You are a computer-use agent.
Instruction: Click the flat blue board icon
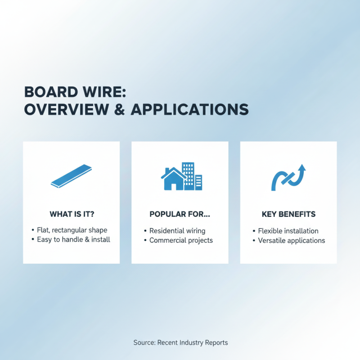point(71,176)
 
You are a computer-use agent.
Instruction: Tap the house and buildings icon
point(181,176)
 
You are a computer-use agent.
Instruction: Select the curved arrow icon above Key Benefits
point(288,177)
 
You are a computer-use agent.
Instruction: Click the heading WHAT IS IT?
point(71,214)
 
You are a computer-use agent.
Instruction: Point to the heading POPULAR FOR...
point(180,214)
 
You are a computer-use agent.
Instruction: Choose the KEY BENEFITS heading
point(288,214)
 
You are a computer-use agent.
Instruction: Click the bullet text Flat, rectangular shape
point(72,230)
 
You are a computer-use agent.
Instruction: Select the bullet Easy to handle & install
point(73,239)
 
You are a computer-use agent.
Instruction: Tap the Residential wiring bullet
point(177,231)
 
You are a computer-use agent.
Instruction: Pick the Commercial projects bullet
point(181,240)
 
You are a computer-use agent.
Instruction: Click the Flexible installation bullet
point(288,231)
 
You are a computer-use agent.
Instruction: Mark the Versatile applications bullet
point(291,240)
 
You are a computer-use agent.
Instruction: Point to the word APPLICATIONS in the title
point(189,110)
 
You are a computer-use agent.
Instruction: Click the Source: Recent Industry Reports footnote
point(180,343)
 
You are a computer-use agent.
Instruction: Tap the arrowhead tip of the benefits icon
point(301,166)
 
